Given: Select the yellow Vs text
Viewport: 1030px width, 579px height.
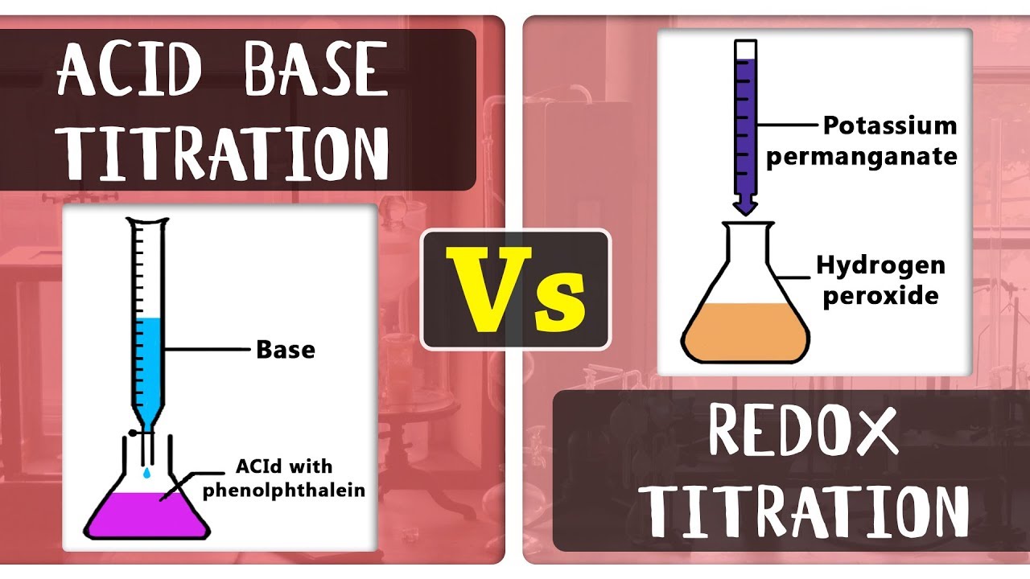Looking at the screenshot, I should pos(516,289).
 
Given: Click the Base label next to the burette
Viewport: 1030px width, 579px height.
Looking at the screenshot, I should pos(285,350).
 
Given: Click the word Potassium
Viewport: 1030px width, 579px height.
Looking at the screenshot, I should pos(889,126).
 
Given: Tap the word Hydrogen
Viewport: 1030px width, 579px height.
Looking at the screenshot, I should pos(880,265).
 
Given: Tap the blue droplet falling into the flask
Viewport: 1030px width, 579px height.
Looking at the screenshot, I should pos(146,475).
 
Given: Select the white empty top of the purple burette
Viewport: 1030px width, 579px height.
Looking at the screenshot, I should pos(746,50).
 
